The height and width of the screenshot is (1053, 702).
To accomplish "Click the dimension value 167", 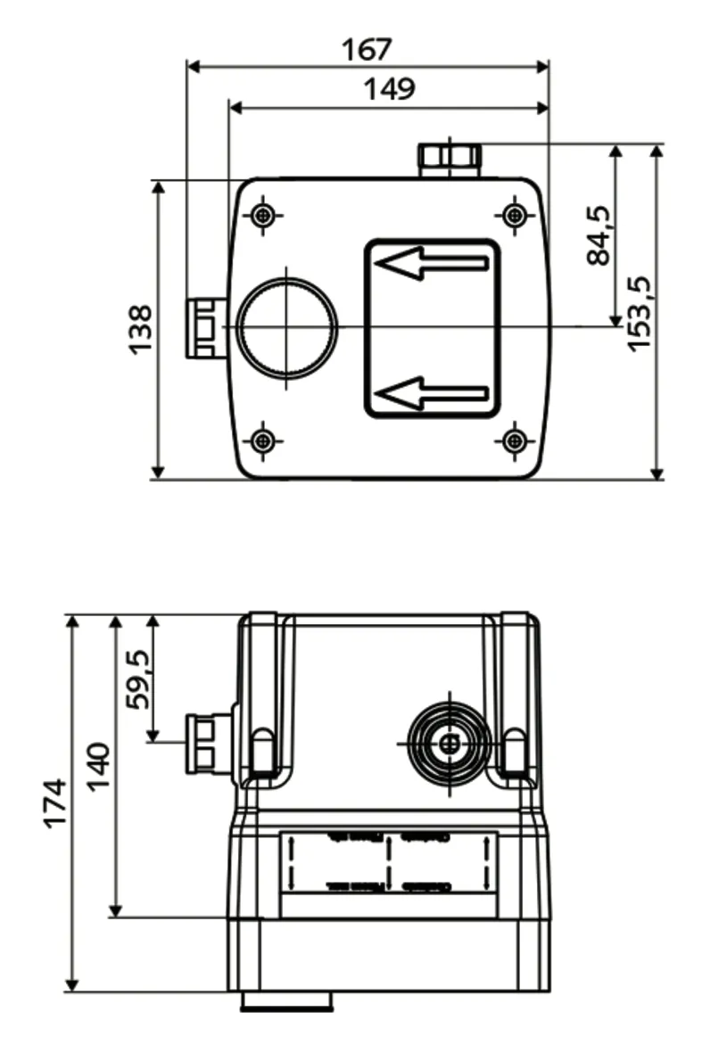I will [367, 48].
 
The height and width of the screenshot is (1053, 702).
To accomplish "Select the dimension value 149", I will [389, 89].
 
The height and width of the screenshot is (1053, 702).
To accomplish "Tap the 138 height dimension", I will [140, 329].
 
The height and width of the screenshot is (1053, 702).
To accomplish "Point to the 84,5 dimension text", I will [599, 235].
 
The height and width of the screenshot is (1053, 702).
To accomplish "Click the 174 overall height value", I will [54, 802].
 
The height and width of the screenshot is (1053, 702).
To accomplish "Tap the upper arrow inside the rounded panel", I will [432, 263].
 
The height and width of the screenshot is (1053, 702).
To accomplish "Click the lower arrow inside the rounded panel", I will [432, 393].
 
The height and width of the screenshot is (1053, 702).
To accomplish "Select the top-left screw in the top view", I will [262, 215].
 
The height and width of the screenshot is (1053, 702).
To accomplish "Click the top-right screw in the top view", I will [514, 215].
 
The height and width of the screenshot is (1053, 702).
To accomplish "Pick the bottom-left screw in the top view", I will [262, 440].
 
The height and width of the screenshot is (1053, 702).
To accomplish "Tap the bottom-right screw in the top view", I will [514, 440].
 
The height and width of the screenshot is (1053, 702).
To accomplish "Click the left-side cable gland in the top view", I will [204, 328].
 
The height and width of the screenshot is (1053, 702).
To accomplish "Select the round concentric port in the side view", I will [449, 743].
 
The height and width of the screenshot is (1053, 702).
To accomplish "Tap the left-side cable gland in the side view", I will [206, 743].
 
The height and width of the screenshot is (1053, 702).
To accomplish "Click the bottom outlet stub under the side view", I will [286, 1001].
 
